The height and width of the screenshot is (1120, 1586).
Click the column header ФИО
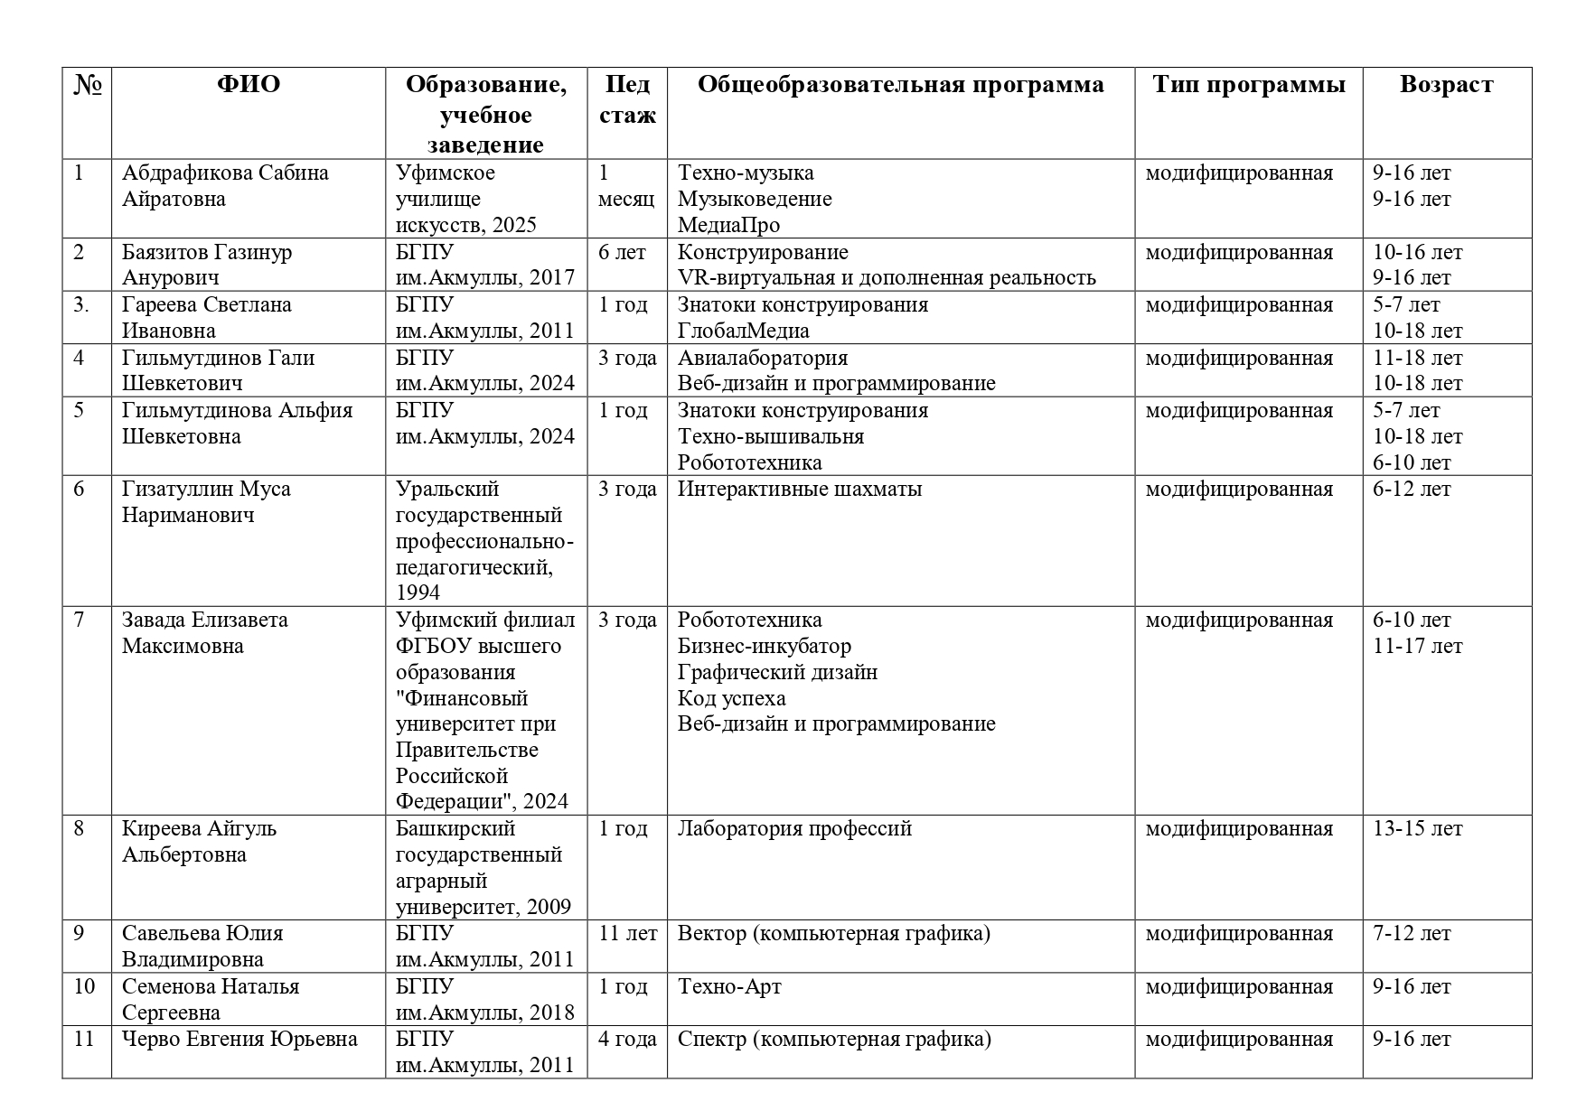pos(249,85)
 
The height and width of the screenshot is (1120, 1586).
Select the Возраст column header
pos(1446,85)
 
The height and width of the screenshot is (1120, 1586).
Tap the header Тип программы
pos(1248,85)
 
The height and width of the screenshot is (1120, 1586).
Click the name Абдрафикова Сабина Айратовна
pos(225,186)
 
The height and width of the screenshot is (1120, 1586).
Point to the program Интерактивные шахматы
pos(799,490)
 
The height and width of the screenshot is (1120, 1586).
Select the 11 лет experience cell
pos(627,934)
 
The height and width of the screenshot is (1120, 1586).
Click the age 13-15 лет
pos(1417,829)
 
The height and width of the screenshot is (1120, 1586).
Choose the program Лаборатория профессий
pos(794,829)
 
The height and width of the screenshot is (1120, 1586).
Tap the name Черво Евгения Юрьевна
pos(239,1040)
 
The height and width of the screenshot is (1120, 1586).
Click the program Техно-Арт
pos(729,986)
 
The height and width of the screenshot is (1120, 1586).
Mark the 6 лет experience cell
pos(622,253)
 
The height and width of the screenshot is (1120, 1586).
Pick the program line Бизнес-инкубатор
pos(764,647)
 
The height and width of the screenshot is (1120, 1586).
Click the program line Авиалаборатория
pos(762,359)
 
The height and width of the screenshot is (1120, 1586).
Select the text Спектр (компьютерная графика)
pos(834,1040)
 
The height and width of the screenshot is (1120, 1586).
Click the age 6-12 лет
pos(1411,490)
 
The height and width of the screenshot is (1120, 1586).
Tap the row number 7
pos(79,621)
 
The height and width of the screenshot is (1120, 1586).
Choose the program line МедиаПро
pos(728,225)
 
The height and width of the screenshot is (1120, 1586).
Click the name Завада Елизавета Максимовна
pos(205,633)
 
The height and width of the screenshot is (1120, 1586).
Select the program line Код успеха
pos(731,699)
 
